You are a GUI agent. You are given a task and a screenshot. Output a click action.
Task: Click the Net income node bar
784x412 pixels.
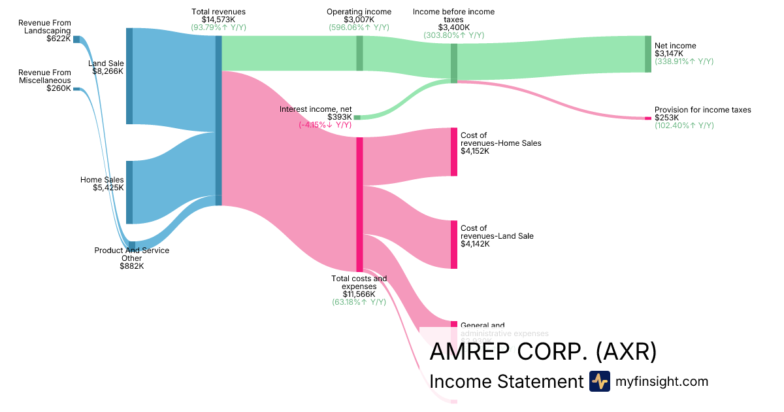(x=647, y=54)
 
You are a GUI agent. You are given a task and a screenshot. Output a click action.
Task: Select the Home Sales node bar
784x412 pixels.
(x=129, y=192)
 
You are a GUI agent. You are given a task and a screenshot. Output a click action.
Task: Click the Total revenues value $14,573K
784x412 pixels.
(x=218, y=20)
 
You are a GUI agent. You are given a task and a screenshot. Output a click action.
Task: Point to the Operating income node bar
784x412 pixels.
(x=359, y=53)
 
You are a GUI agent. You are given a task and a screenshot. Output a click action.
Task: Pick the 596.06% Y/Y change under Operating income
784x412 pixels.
(x=359, y=27)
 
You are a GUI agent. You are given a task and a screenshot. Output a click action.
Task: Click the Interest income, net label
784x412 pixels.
(x=316, y=109)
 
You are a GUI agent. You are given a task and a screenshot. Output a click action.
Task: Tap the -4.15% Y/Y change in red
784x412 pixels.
(x=325, y=125)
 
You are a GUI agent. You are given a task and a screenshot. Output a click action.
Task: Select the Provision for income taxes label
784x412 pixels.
(x=702, y=110)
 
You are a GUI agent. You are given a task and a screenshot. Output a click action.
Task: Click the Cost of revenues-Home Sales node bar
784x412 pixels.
(x=454, y=152)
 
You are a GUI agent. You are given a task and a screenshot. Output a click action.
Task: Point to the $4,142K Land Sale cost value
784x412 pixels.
(x=475, y=244)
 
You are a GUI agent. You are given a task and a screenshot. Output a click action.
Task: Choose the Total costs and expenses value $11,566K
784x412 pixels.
(x=359, y=294)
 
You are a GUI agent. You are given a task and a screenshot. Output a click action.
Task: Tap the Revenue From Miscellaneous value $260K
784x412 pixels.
(x=59, y=88)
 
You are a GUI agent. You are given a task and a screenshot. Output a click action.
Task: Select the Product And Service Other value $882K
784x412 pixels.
(x=131, y=266)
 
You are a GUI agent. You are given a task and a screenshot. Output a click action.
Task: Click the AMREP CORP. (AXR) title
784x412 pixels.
(x=542, y=352)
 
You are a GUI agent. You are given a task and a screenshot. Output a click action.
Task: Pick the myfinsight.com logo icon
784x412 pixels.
(x=599, y=381)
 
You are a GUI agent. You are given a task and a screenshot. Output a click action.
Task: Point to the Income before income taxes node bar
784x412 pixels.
(x=454, y=63)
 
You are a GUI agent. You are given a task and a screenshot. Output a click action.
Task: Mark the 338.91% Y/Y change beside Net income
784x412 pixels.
(x=683, y=61)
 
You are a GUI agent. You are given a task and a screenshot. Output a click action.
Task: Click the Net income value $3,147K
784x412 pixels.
(x=667, y=54)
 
